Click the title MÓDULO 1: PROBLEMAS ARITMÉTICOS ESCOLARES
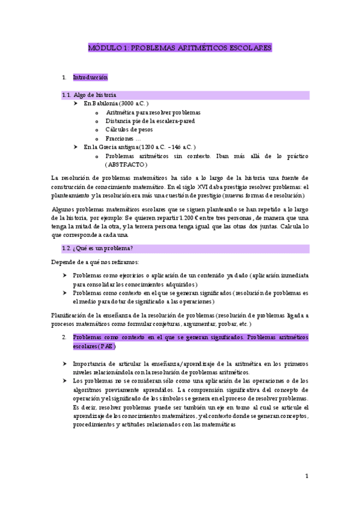pos(180,47)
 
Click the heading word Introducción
pos(90,78)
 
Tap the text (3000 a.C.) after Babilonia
pos(133,103)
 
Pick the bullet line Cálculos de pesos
pos(129,129)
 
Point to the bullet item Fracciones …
pos(123,138)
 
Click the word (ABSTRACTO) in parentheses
pos(126,164)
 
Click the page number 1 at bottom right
pos(307,476)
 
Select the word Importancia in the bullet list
pos(90,364)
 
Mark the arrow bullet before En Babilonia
pos(76,103)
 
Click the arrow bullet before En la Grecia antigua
pos(76,147)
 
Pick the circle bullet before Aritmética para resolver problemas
pos(97,112)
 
